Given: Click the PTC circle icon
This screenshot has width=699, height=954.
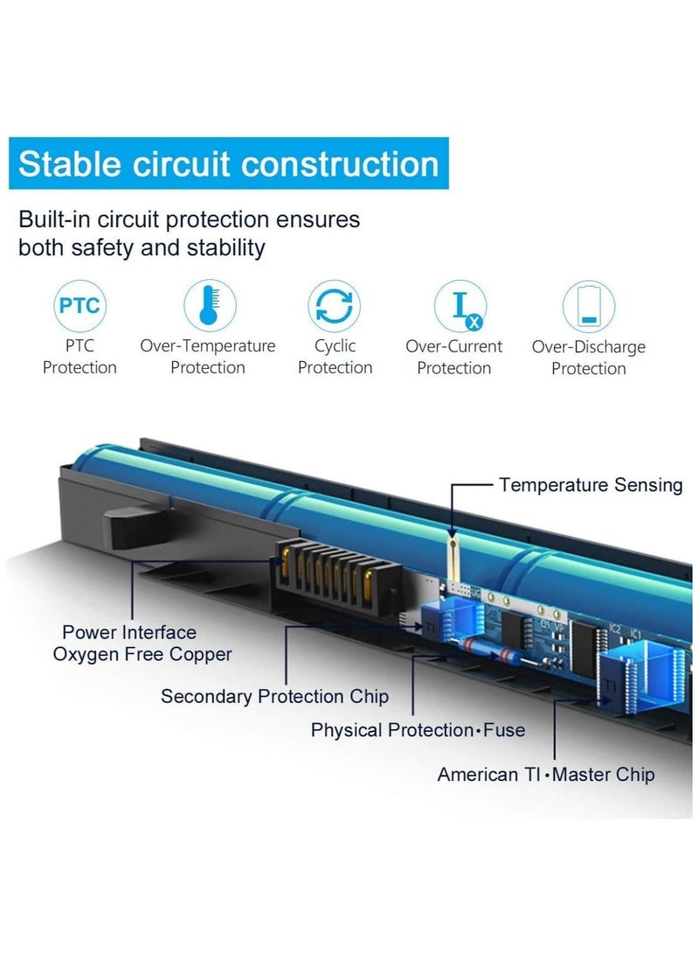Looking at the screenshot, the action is pyautogui.click(x=80, y=305).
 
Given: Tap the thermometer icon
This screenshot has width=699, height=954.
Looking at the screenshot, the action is pyautogui.click(x=210, y=305).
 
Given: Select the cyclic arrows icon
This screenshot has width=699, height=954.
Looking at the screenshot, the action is pyautogui.click(x=334, y=305).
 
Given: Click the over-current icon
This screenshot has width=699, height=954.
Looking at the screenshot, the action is pyautogui.click(x=460, y=306).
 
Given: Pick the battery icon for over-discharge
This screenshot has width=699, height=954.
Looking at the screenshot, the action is pyautogui.click(x=588, y=306).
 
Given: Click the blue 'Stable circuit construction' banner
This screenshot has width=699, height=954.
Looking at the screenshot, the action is pyautogui.click(x=229, y=164).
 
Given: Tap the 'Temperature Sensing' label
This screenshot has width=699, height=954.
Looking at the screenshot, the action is pyautogui.click(x=591, y=485).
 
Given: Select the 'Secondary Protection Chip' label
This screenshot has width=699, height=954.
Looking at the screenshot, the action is pyautogui.click(x=274, y=696).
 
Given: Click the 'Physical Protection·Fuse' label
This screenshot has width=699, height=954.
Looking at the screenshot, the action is pyautogui.click(x=419, y=730).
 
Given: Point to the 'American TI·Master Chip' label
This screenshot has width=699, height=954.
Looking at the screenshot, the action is pyautogui.click(x=546, y=775).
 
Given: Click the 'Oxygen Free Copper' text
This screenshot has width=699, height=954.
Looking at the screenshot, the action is pyautogui.click(x=142, y=655).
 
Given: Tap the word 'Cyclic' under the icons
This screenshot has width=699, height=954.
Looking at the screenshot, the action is pyautogui.click(x=335, y=346).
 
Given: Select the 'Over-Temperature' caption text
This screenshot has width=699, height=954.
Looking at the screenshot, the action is pyautogui.click(x=208, y=346).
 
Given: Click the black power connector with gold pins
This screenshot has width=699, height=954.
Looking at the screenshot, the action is pyautogui.click(x=338, y=575).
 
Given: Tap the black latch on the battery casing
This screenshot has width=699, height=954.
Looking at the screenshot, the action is pyautogui.click(x=135, y=525).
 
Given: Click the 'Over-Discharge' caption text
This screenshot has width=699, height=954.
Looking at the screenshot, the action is pyautogui.click(x=588, y=347).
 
